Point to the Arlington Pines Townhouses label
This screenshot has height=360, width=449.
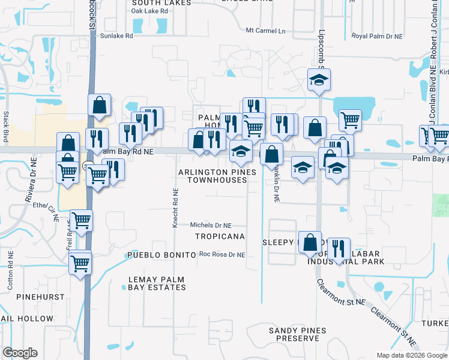pyautogui.click(x=217, y=176)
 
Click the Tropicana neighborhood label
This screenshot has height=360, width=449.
pyautogui.click(x=220, y=236)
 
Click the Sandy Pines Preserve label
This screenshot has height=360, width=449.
pyautogui.click(x=298, y=334)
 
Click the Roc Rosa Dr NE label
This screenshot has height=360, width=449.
pyautogui.click(x=222, y=255)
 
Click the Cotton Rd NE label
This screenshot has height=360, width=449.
pyautogui.click(x=10, y=275)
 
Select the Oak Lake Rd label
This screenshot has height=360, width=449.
pyautogui.click(x=149, y=11)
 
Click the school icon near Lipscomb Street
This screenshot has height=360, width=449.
pyautogui.click(x=319, y=79)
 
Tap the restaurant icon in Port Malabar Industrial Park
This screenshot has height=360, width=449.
pyautogui.click(x=339, y=247)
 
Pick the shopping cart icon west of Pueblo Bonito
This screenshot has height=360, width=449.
pyautogui.click(x=80, y=262)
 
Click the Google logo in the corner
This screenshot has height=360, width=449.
pyautogui.click(x=20, y=353)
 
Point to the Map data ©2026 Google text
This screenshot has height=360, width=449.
pyautogui.click(x=411, y=355)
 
